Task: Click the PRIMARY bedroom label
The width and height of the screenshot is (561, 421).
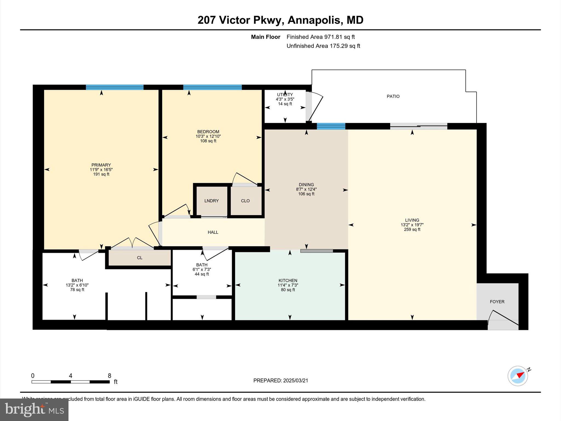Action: coord(101,165)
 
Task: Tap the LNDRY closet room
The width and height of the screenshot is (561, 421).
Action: coord(211,201)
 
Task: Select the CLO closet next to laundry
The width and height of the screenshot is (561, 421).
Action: coord(245,201)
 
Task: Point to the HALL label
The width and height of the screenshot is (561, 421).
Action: coord(213,232)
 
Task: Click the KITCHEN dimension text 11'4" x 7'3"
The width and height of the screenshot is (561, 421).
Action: coord(288,285)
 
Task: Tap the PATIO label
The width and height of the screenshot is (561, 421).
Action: coord(393,96)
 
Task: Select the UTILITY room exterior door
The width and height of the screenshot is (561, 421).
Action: coord(315,107)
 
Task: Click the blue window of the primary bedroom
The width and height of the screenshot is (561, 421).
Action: coord(115,87)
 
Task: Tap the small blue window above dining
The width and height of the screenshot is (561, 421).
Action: coord(331,126)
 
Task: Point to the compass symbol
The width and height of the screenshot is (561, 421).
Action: coord(518,376)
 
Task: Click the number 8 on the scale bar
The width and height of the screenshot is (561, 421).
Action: coord(110,376)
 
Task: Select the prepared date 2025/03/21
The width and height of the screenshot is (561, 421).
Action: coord(296,380)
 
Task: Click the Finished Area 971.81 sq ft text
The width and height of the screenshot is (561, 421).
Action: coord(320,37)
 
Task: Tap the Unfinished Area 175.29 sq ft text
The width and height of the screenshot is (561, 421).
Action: coord(323,46)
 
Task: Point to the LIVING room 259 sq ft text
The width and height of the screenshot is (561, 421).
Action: coord(412,229)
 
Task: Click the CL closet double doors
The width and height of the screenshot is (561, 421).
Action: coord(132,243)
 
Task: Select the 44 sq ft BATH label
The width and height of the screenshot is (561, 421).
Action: coord(202,274)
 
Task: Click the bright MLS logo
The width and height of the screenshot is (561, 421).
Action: coord(34,409)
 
